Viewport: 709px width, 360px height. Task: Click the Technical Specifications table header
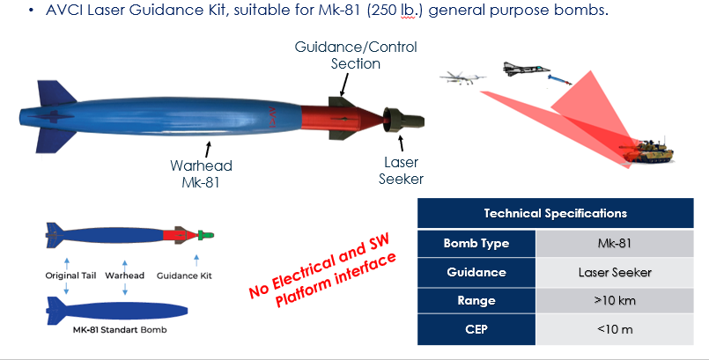click(x=555, y=213)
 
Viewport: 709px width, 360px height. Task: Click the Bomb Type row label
click(x=476, y=243)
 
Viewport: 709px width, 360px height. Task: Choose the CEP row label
click(x=476, y=330)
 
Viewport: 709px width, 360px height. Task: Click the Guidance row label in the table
click(x=476, y=272)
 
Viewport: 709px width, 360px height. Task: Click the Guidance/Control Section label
click(x=356, y=55)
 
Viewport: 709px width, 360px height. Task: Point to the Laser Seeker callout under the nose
click(x=402, y=171)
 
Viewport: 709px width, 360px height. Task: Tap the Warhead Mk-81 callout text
click(x=203, y=172)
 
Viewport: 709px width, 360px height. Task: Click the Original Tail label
click(x=70, y=276)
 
